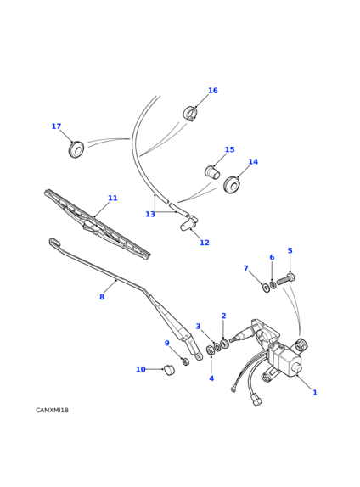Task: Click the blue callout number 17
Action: click(x=56, y=126)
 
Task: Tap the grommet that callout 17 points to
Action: click(x=76, y=149)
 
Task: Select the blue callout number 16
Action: click(x=213, y=91)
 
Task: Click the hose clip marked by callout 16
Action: click(x=189, y=114)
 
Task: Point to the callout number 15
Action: click(x=230, y=149)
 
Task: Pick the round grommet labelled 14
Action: click(x=232, y=185)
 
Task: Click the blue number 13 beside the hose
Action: click(x=150, y=215)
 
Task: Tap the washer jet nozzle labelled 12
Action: click(x=188, y=224)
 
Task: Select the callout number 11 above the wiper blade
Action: click(x=113, y=199)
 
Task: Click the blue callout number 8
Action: click(x=102, y=297)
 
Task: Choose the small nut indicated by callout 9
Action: click(x=186, y=361)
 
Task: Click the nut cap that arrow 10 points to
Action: click(x=169, y=370)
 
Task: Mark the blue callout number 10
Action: click(x=141, y=370)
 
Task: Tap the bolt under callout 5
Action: click(x=285, y=279)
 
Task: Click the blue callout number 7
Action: click(x=246, y=268)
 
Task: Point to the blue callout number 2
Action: click(x=223, y=316)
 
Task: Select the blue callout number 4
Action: click(x=211, y=378)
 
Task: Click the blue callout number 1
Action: click(x=315, y=393)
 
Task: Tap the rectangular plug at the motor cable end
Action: click(x=257, y=400)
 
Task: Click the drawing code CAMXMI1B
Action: click(x=53, y=411)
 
